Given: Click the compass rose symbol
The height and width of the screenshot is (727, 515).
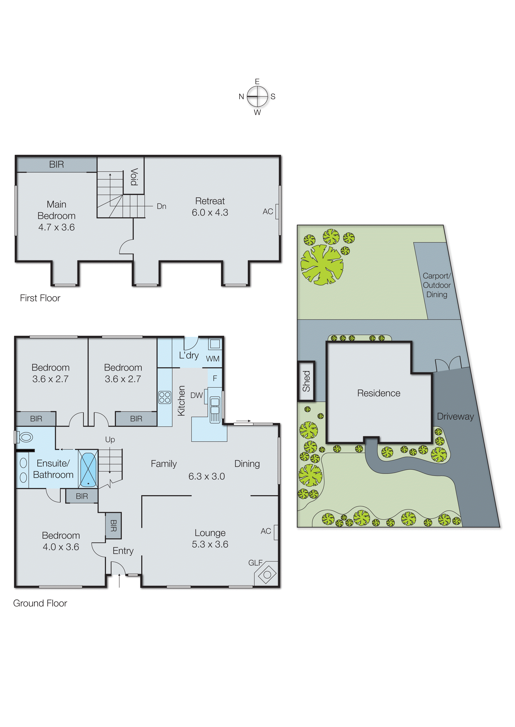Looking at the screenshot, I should click(257, 96).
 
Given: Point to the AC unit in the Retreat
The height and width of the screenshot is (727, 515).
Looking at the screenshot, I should click(277, 211).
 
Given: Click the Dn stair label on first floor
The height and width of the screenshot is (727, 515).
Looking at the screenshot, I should click(161, 206).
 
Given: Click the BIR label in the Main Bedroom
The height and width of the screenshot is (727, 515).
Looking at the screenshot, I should click(57, 164).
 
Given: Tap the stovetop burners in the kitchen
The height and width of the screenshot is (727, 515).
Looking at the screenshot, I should click(165, 397).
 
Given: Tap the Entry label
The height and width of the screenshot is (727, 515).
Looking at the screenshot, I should click(123, 551).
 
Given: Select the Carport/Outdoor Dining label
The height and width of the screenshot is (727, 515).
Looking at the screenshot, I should click(437, 285).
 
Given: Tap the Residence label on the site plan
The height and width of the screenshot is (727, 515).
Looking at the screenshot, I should click(379, 393).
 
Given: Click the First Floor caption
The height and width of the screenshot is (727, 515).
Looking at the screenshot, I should click(40, 298).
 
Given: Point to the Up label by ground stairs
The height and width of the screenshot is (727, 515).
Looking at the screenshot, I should click(110, 440).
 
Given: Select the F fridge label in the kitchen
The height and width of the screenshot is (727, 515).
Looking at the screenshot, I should click(215, 378).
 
